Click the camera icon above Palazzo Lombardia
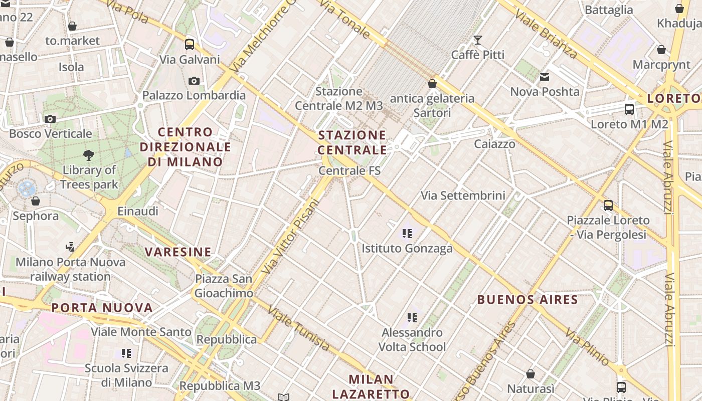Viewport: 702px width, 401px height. [x=194, y=81]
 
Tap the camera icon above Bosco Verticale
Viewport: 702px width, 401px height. [x=50, y=119]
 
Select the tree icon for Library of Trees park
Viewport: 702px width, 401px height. [x=89, y=155]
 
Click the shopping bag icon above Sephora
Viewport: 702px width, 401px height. [x=35, y=202]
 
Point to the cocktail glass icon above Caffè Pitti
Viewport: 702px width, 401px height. [x=478, y=40]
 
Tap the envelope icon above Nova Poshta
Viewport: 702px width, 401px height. [x=545, y=77]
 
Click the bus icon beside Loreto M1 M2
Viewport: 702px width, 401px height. [x=629, y=109]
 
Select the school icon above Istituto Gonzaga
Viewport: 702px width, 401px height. [x=407, y=233]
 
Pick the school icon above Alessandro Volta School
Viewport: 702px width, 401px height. [x=412, y=317]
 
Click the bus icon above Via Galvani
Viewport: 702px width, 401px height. [x=190, y=44]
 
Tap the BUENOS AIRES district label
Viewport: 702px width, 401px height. [x=528, y=300]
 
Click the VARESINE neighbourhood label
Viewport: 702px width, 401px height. [x=179, y=252]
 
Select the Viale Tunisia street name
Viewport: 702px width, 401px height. [x=299, y=328]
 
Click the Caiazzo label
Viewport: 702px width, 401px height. [x=494, y=144]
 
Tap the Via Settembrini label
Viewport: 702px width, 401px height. [x=463, y=195]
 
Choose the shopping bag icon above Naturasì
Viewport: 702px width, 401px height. [x=531, y=374]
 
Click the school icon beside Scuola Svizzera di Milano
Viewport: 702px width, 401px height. [x=126, y=353]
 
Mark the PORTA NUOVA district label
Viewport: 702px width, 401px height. [x=102, y=307]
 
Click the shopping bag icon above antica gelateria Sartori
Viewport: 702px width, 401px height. [x=432, y=84]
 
